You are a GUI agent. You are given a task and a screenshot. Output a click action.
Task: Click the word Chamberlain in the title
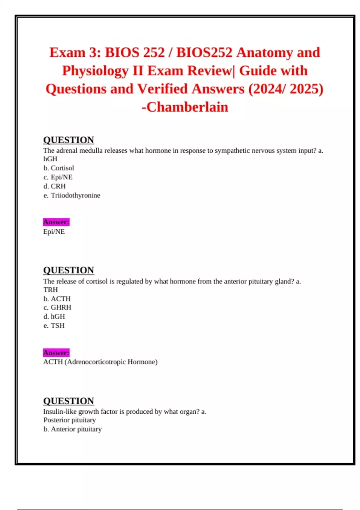tap(187, 107)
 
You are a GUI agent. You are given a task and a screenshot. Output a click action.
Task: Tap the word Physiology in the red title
tap(95, 71)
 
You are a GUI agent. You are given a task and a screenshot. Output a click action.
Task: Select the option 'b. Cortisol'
tap(58, 168)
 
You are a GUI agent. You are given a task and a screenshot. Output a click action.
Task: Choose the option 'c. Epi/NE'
tap(58, 177)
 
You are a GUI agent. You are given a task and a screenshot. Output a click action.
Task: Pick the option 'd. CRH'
tap(54, 186)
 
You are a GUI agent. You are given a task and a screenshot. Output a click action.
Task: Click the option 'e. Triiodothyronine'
tap(72, 195)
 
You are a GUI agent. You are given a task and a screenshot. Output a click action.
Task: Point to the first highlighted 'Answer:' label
tap(56, 222)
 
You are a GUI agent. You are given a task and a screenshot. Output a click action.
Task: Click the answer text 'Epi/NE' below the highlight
tap(54, 232)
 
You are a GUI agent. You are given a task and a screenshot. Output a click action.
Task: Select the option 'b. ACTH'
tap(57, 299)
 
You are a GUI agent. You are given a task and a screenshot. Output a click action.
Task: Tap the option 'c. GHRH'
tap(57, 307)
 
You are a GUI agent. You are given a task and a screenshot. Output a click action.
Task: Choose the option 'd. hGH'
tap(54, 316)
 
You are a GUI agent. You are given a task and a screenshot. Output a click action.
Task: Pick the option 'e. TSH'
tap(54, 325)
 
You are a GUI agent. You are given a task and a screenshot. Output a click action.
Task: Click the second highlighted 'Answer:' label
tap(56, 352)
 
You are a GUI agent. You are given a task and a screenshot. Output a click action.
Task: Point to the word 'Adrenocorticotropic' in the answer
tap(96, 362)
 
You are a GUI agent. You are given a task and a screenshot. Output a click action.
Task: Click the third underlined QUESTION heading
tap(69, 401)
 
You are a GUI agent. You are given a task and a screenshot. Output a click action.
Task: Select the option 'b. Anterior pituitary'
tap(73, 429)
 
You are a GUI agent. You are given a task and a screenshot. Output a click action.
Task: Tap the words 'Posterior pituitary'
tap(70, 420)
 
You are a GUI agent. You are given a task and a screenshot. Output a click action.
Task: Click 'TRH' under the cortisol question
tap(51, 290)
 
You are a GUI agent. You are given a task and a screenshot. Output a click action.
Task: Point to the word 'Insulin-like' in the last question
tap(60, 412)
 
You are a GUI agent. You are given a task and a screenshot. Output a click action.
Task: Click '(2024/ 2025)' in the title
tap(286, 89)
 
